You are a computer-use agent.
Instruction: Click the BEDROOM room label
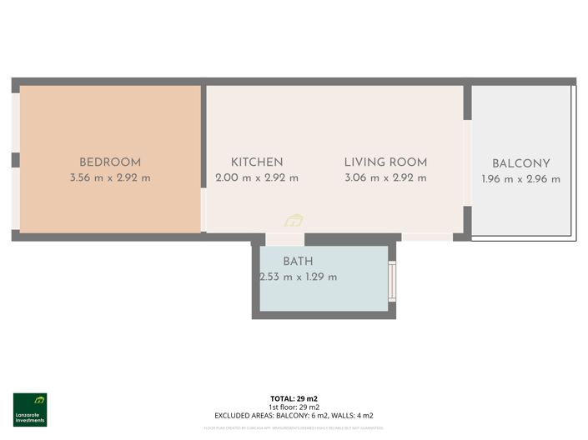coord(110,162)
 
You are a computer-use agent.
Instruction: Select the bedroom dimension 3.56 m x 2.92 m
coord(110,177)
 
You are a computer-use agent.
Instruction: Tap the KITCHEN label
coord(257,162)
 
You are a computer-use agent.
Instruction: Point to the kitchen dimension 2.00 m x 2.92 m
coord(257,177)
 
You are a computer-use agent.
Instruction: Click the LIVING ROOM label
coord(385,162)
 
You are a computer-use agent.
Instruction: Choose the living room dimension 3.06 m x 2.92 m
coord(385,177)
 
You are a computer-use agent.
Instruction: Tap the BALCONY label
coord(520,163)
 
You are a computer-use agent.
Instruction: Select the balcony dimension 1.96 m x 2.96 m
coord(520,179)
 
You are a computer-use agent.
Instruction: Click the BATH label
coord(298,261)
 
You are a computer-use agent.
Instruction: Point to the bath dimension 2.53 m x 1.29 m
coord(298,277)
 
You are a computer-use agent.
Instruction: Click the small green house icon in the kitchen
coord(294,221)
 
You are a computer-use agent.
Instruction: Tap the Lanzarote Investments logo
coord(30,409)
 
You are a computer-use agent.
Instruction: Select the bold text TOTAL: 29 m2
coord(294,399)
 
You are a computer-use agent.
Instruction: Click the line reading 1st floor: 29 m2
coord(294,407)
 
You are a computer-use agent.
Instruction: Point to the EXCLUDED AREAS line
coord(294,415)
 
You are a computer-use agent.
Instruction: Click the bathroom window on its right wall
coord(392,281)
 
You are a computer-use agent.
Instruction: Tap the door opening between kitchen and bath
coord(284,239)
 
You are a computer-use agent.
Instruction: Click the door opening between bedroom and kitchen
coord(204,209)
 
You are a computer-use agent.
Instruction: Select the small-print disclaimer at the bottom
coord(294,428)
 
